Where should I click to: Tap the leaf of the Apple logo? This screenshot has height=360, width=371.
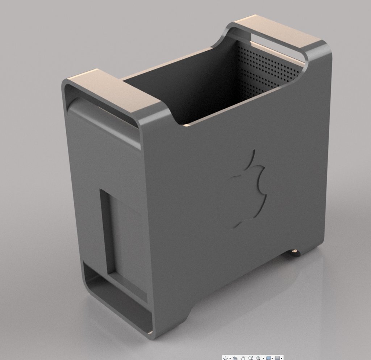(x=251, y=159)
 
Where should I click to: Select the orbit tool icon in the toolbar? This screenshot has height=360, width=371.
(x=225, y=358)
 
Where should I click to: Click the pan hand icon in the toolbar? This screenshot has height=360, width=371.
(x=243, y=358)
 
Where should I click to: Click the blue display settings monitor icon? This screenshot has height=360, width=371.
(x=268, y=358)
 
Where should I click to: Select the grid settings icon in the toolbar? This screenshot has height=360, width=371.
(x=277, y=358)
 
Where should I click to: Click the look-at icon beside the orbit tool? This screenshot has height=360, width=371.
(x=235, y=358)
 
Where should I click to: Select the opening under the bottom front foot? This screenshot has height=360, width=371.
(x=116, y=297)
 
